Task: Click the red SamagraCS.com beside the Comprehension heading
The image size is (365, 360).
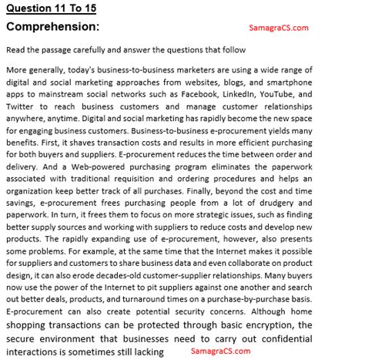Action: [x=278, y=28]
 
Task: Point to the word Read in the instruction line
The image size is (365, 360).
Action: [x=15, y=49]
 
